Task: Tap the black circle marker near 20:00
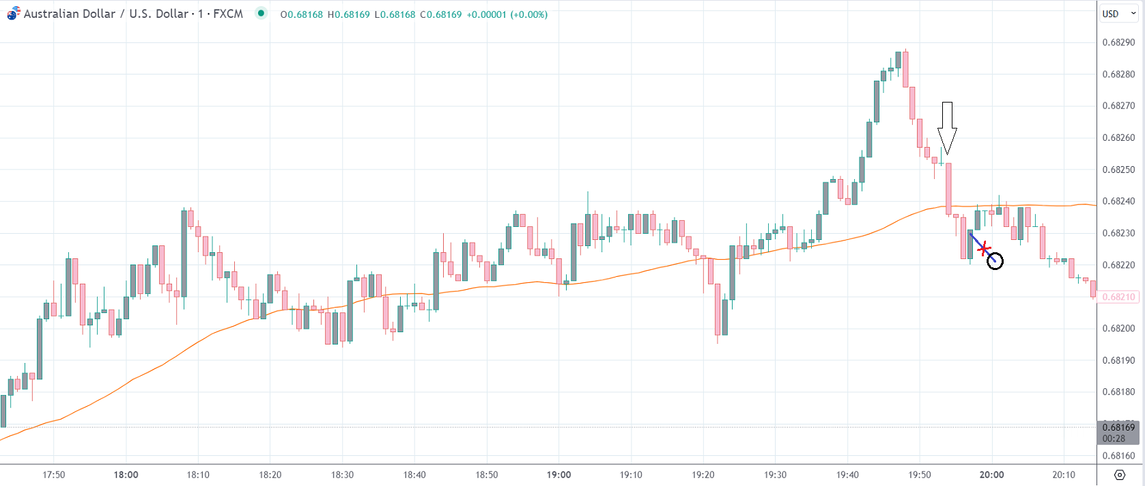[995, 261]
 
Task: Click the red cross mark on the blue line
[983, 249]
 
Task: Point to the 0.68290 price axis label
[1118, 42]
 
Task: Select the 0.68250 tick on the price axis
[1118, 170]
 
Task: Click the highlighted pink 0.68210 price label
[1118, 297]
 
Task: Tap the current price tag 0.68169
[1118, 427]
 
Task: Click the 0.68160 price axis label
[1118, 455]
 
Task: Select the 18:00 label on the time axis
[126, 474]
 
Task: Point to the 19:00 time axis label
[559, 474]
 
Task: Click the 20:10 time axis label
[1064, 474]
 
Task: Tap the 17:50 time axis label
[54, 474]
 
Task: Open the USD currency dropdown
[1118, 14]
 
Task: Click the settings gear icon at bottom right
[1119, 474]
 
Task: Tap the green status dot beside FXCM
[261, 13]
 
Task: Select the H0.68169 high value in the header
[348, 14]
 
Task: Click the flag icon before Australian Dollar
[14, 14]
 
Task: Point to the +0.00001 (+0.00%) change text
[507, 14]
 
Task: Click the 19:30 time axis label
[775, 474]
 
